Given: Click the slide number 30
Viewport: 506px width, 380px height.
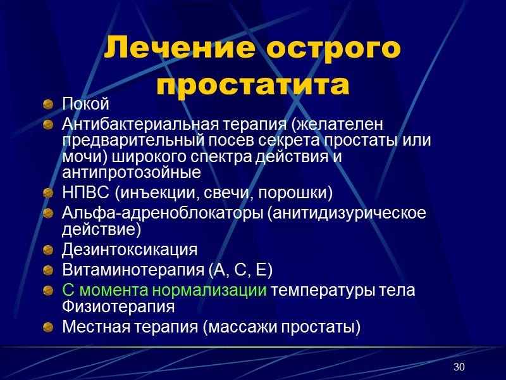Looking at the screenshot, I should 459,368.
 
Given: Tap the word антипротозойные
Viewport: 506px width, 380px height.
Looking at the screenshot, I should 132,172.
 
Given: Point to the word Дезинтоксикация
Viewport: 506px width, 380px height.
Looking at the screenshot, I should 129,248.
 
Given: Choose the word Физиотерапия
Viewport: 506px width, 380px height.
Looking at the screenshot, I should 118,307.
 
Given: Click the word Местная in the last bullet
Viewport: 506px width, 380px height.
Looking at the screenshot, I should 94,327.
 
